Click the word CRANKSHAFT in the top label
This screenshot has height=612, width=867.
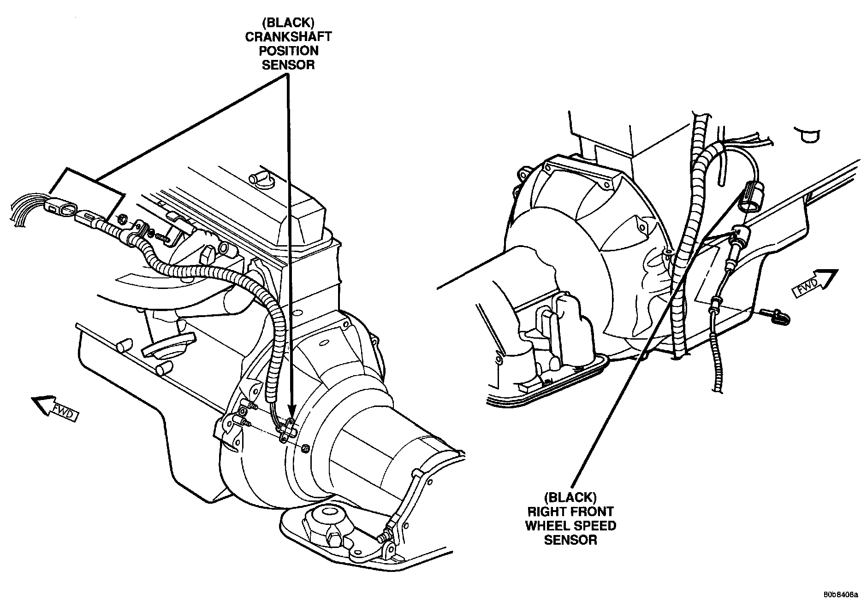coord(288,36)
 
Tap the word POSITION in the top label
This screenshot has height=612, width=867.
coord(288,50)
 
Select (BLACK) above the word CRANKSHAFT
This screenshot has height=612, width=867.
coord(288,23)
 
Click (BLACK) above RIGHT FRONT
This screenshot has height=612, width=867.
coord(570,497)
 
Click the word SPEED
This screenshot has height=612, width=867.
coord(594,525)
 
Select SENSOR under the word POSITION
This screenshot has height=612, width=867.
coord(288,65)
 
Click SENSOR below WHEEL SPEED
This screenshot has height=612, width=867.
coord(570,540)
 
